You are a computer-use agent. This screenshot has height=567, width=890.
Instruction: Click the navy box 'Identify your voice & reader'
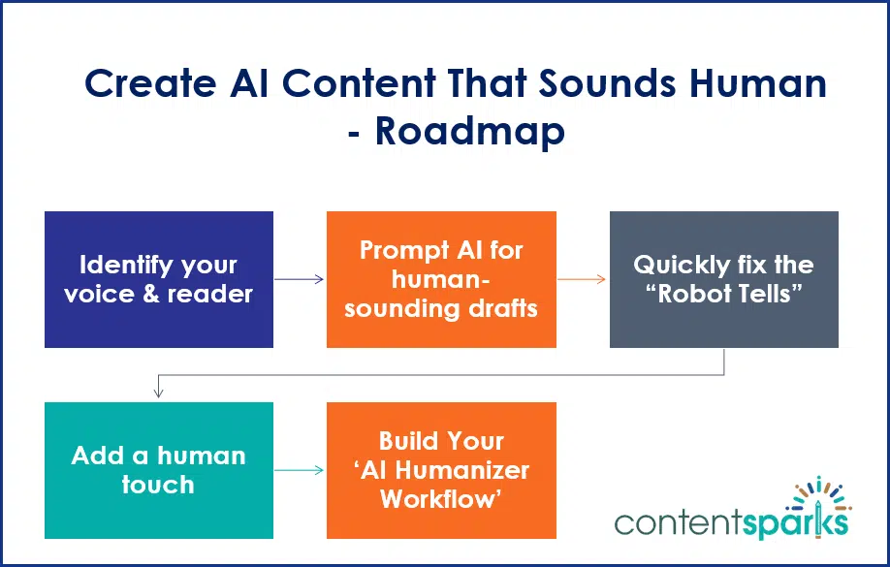159,279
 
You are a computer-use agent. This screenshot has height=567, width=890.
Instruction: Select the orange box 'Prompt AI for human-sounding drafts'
441,279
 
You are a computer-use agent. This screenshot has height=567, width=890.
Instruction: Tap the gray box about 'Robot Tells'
723,279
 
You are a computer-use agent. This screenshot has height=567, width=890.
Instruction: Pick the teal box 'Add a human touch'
159,470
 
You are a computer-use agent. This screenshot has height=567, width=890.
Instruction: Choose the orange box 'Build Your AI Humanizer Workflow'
441,470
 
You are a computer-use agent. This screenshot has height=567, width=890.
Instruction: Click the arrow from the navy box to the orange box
300,279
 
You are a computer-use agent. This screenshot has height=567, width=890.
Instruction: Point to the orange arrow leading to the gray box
583,279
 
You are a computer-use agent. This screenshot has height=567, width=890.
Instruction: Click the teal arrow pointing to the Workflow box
300,471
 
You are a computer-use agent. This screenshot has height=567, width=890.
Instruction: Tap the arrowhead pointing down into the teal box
159,393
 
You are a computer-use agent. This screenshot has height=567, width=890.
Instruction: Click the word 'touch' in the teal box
158,485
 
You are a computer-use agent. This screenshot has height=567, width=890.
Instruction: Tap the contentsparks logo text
732,522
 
